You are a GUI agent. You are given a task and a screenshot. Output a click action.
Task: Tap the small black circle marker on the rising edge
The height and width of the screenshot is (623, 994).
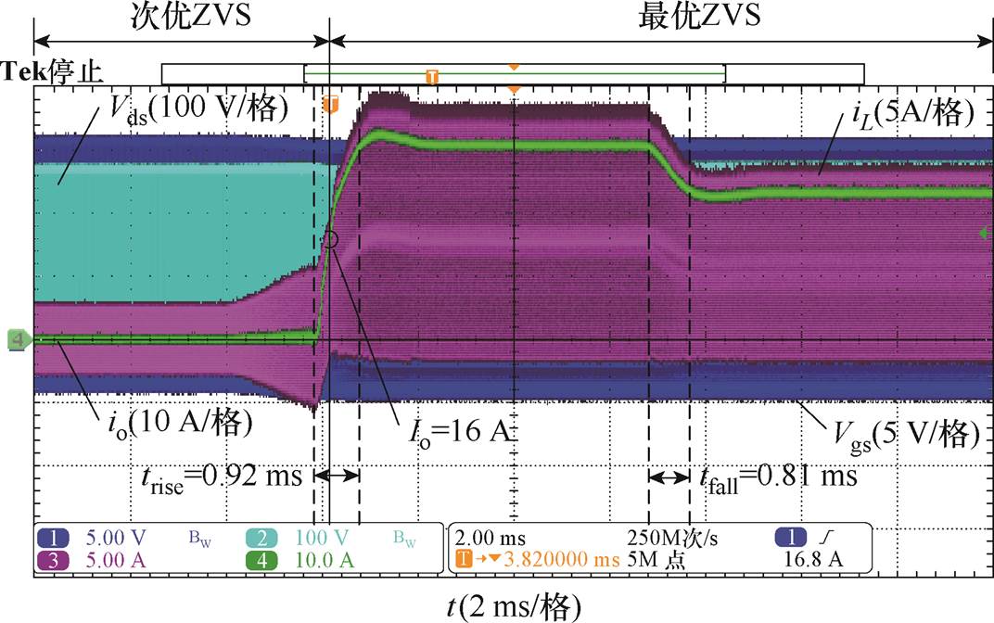point(330,239)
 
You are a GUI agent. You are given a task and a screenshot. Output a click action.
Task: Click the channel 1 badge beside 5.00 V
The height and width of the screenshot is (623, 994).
point(52,537)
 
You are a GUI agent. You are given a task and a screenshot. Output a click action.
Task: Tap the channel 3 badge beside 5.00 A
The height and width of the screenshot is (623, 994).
point(52,559)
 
